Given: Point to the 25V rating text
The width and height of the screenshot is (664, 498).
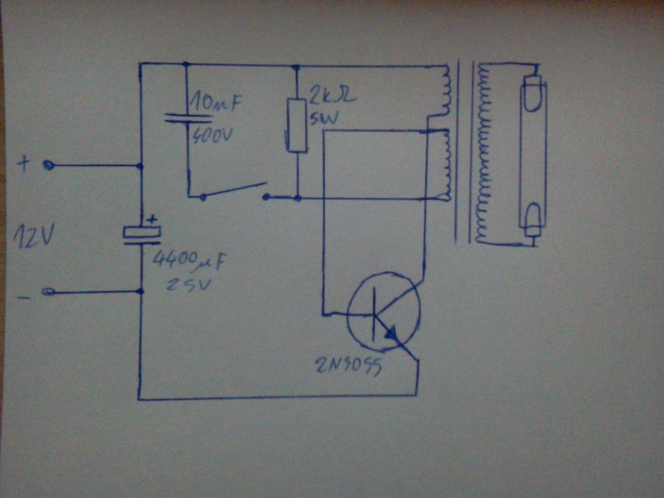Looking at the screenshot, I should coord(189,285).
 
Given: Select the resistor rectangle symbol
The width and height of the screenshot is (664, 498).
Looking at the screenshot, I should coord(298,125).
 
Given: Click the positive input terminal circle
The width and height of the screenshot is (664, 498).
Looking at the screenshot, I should coord(49,166).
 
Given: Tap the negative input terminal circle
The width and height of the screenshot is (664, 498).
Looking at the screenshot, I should coord(48,293).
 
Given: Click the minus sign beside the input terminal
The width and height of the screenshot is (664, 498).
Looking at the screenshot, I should coord(23,297).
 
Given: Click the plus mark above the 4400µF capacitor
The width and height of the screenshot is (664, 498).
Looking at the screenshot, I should coord(152,219).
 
